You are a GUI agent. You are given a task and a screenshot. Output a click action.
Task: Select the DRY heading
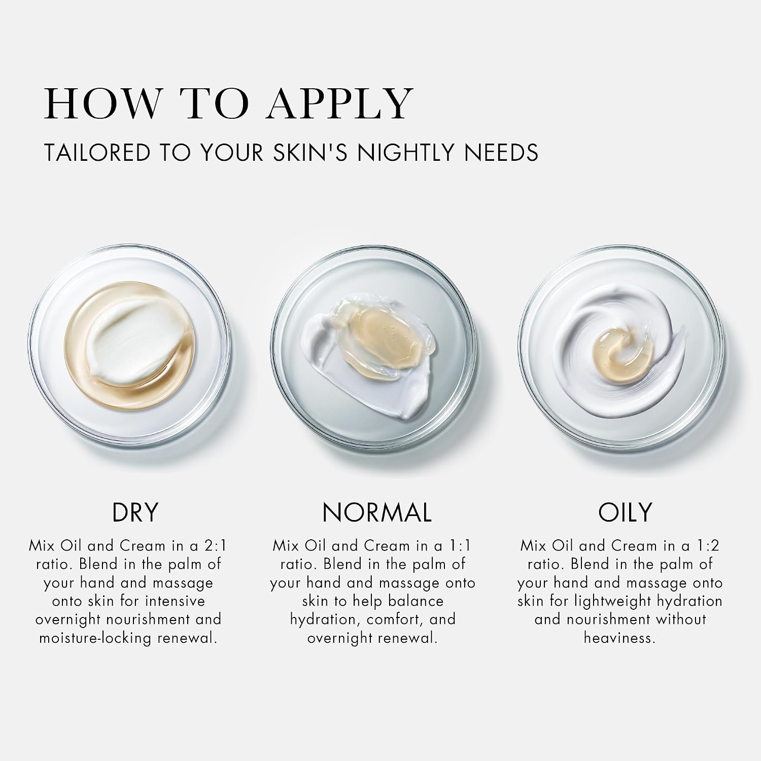coord(135,512)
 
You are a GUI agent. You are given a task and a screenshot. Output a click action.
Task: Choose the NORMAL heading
coord(377,512)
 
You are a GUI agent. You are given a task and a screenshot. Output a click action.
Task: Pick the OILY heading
coord(625,512)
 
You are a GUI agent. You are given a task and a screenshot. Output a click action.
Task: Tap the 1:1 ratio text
coord(461,546)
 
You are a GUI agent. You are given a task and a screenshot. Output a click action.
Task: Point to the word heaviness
coord(619,638)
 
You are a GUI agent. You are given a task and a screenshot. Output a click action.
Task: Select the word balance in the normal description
coord(416,601)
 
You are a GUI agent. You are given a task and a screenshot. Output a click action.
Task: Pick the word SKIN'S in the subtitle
coord(312,153)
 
